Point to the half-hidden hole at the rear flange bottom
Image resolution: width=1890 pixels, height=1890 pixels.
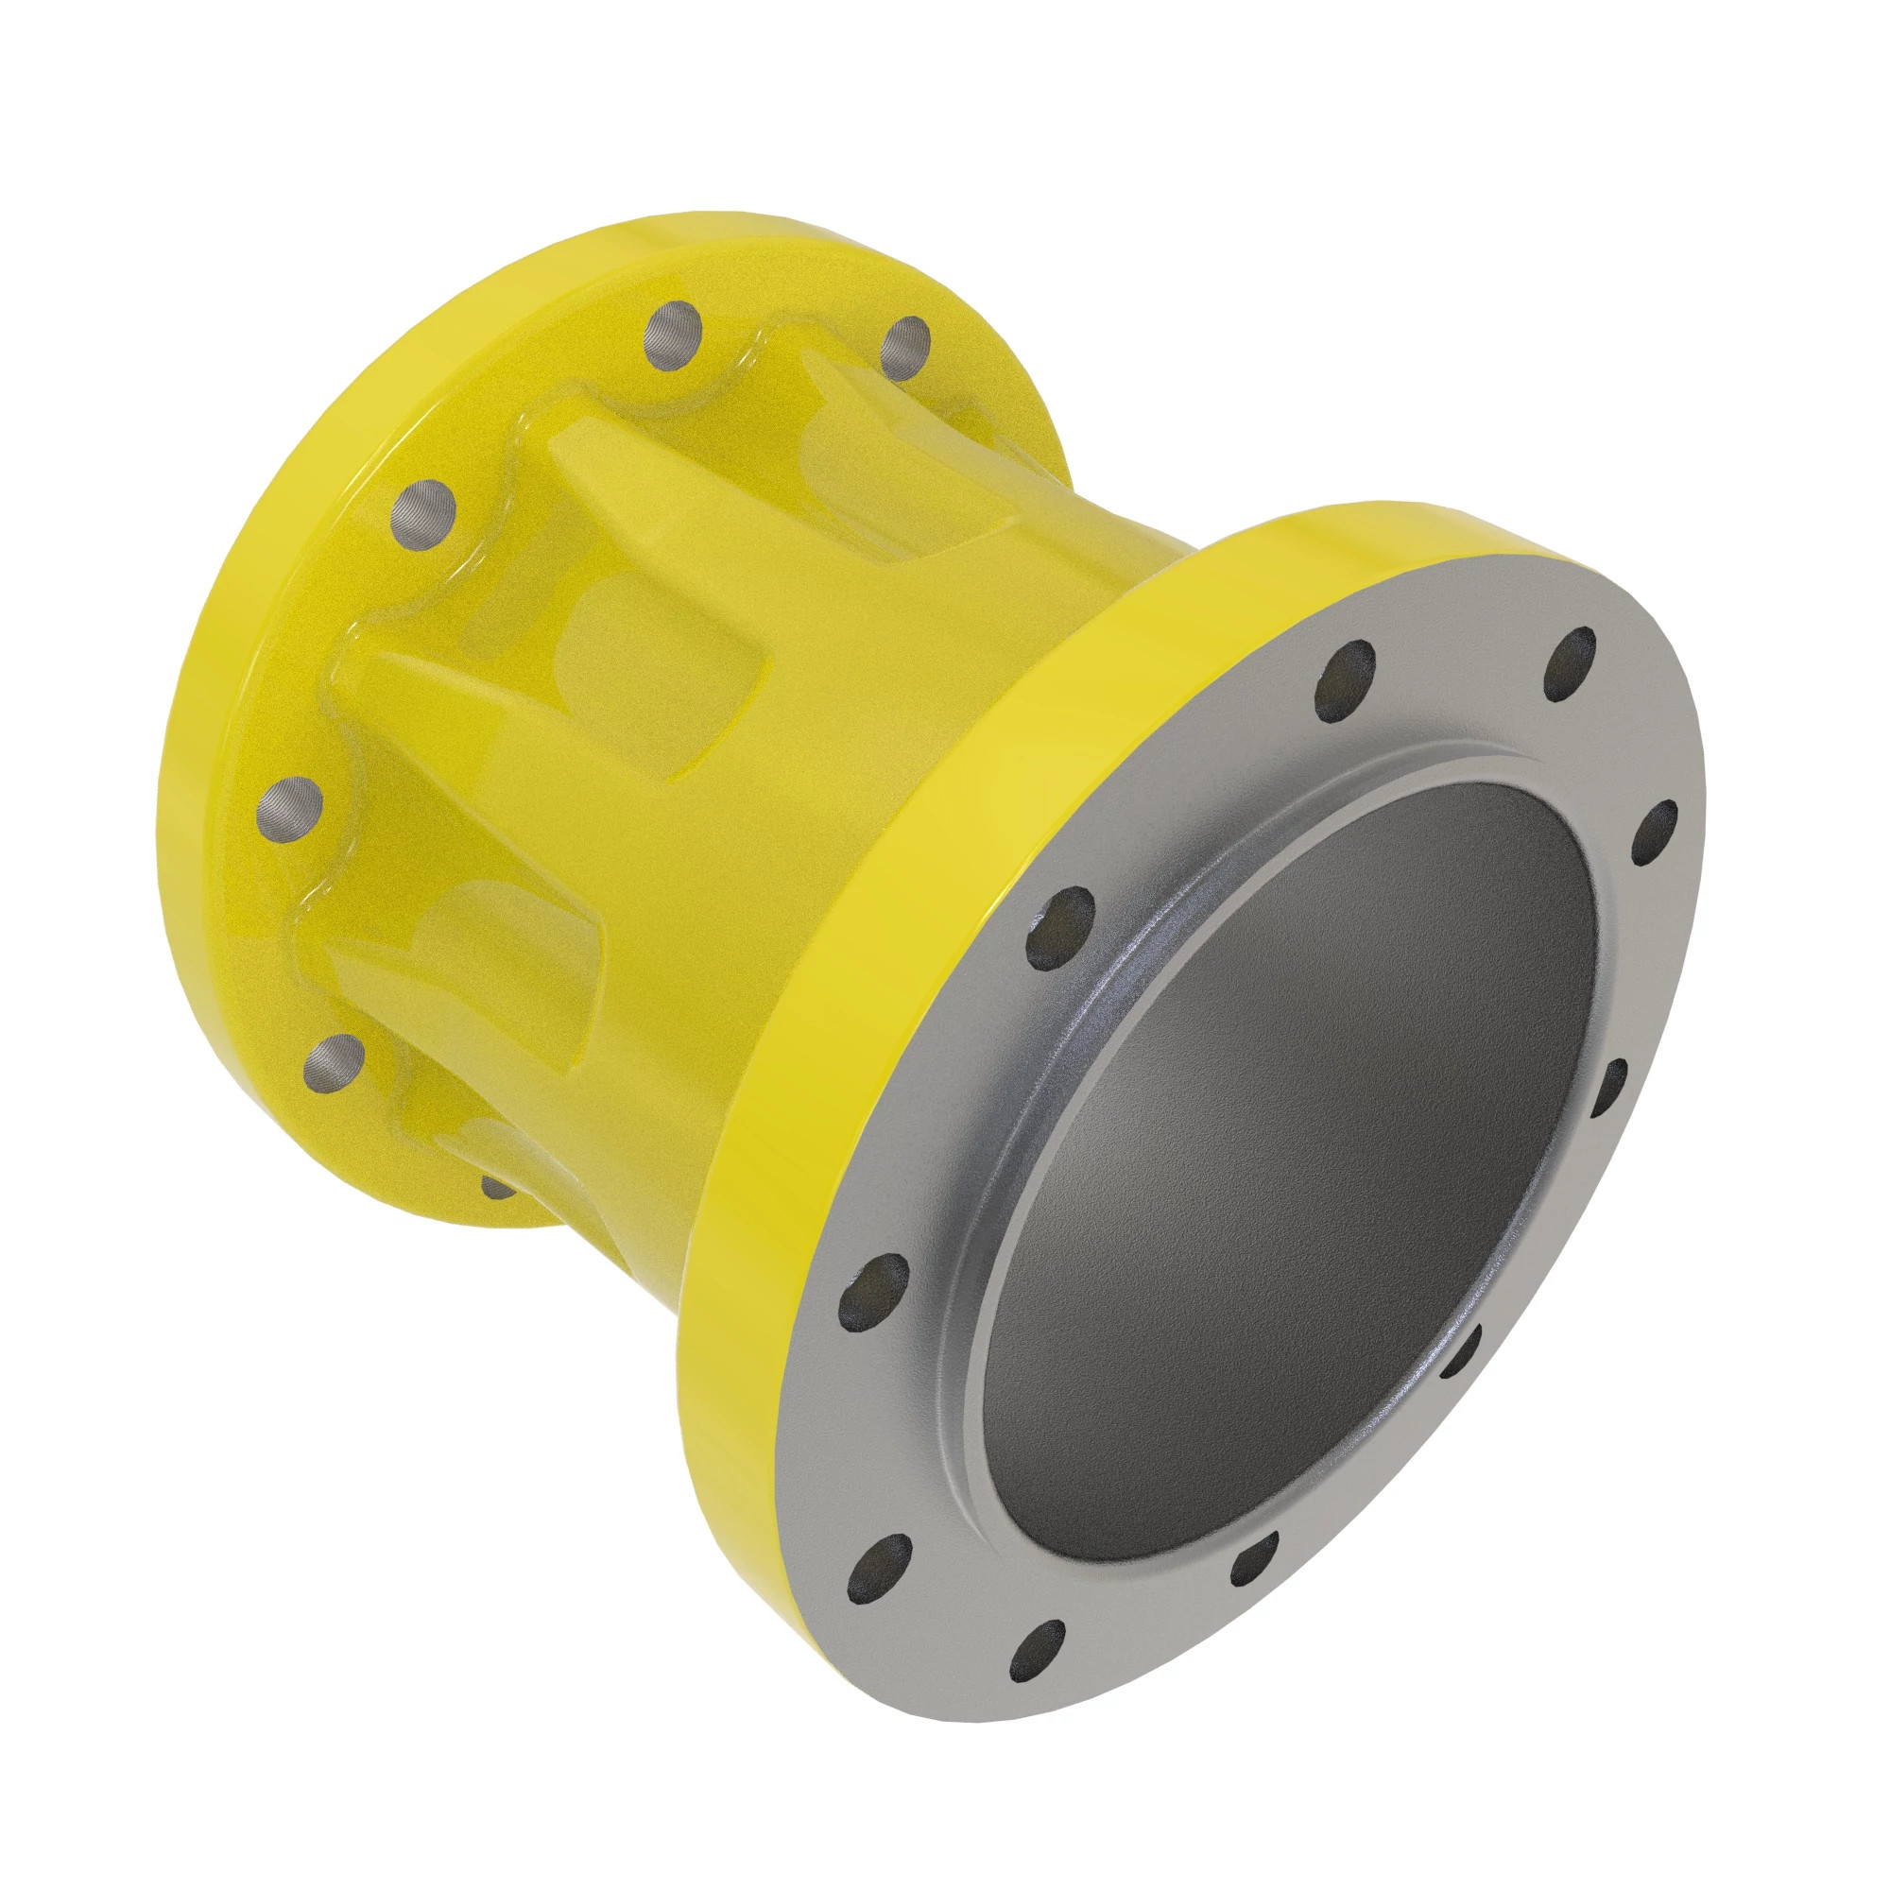pos(497,1187)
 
